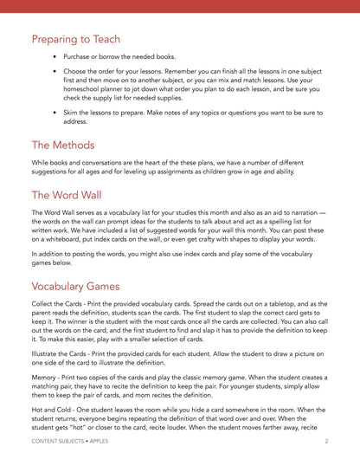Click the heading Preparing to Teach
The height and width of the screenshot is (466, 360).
(75, 40)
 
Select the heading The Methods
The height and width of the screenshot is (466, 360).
(63, 145)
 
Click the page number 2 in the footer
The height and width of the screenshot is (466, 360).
(326, 441)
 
